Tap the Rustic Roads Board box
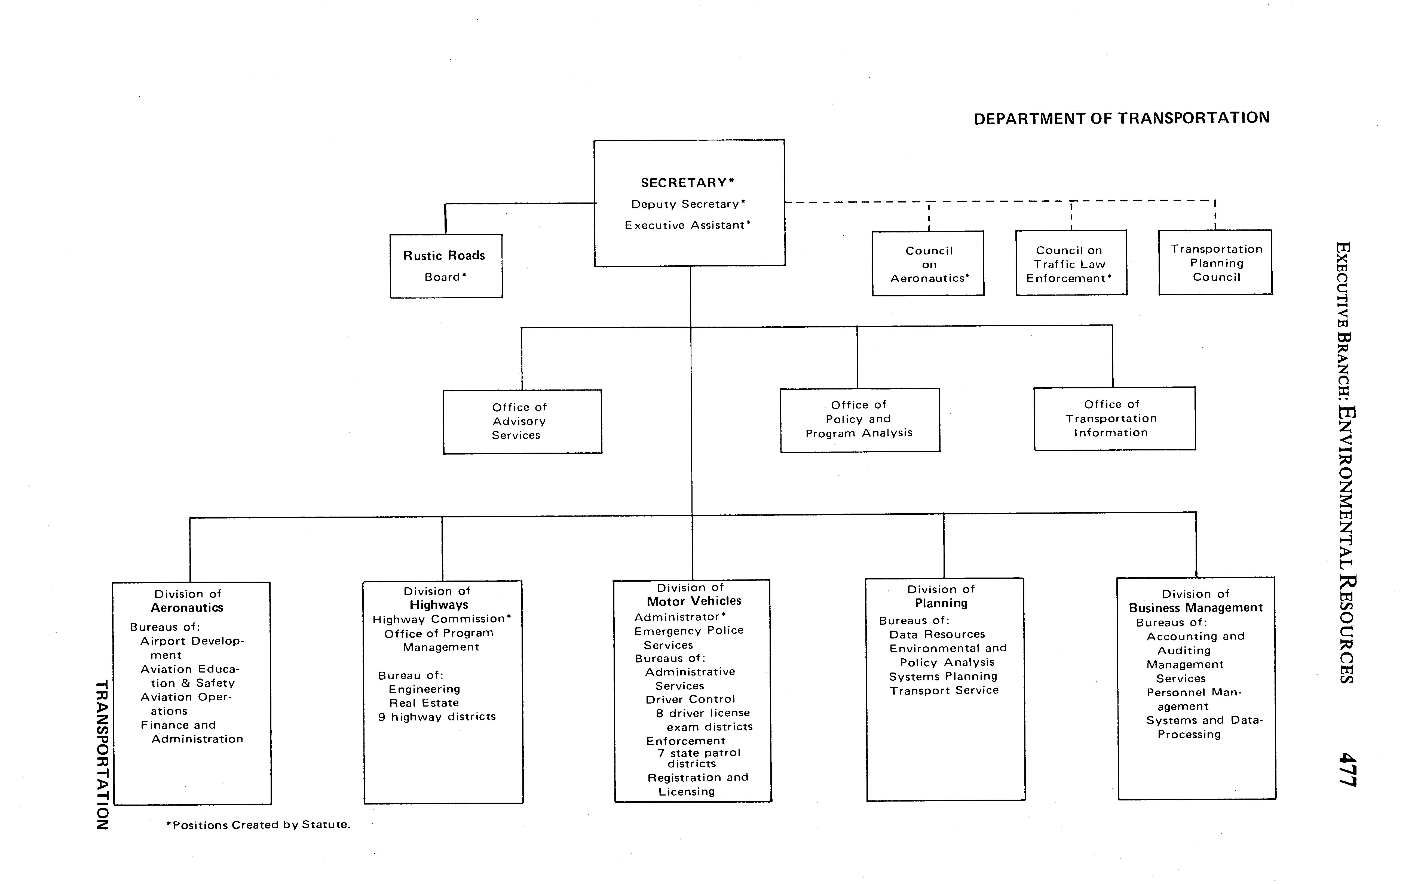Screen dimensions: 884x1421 446,266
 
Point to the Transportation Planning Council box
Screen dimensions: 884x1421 1215,263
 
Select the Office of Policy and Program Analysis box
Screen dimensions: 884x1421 860,420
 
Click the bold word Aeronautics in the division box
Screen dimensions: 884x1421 187,608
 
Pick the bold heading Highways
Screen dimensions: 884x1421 439,605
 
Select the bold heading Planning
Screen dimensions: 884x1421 941,603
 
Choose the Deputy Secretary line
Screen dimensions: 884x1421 688,204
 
